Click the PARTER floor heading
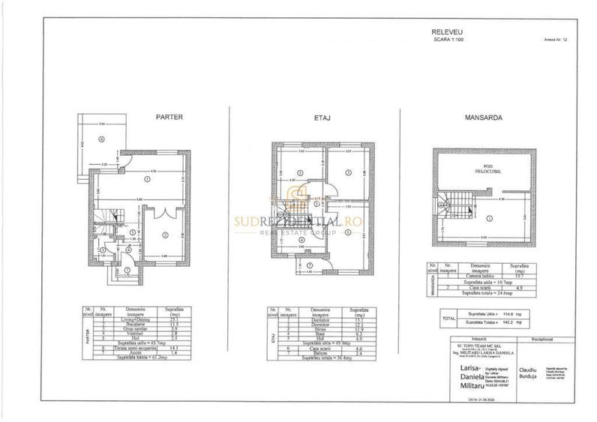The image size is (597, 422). coord(169,117)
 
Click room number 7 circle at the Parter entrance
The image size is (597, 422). coord(127,269)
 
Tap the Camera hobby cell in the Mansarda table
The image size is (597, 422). coord(478,276)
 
